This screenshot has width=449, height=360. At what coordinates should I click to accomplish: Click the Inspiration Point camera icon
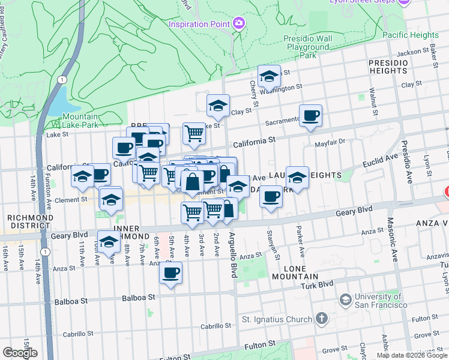(x=239, y=23)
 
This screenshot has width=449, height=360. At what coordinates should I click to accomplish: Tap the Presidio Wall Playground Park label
(x=307, y=47)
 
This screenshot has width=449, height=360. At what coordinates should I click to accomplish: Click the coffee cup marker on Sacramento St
(x=310, y=115)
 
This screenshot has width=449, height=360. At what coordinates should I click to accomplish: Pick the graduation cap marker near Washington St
(x=270, y=76)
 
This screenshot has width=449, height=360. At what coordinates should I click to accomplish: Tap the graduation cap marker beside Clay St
(x=218, y=106)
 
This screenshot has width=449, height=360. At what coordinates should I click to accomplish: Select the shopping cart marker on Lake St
(x=194, y=133)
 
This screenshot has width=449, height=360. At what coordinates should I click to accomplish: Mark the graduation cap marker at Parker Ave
(x=297, y=177)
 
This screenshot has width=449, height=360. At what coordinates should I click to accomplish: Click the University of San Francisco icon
(x=345, y=299)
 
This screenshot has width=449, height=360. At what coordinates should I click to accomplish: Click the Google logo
(x=20, y=353)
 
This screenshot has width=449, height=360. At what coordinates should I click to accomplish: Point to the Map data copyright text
(x=411, y=355)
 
